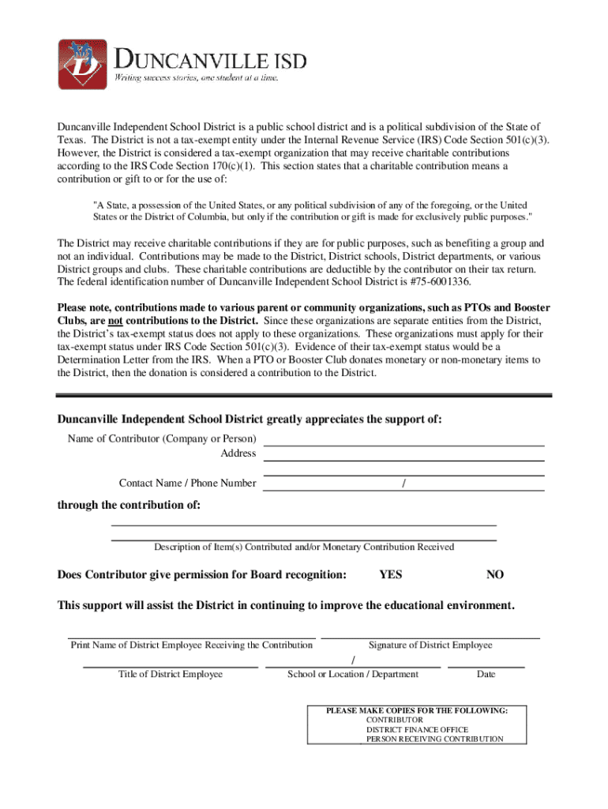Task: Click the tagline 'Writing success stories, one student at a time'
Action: pos(197,78)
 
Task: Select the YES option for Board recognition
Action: pos(390,574)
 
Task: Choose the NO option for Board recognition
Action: pos(495,574)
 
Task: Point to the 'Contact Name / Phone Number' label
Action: pos(187,483)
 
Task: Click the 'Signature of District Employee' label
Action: pos(430,645)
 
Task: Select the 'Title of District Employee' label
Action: pos(171,674)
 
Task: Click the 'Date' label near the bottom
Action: pos(486,674)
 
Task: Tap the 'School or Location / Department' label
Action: pos(353,674)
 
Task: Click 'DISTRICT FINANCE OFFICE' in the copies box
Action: pos(417,730)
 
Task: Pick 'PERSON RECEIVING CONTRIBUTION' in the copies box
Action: pos(434,739)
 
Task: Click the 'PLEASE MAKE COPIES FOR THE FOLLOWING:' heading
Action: pos(417,711)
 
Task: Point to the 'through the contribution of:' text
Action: pos(129,505)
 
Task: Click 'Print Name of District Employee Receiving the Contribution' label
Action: pos(192,645)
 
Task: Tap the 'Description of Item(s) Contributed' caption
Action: pos(304,547)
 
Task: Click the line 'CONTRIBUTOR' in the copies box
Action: pos(395,721)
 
